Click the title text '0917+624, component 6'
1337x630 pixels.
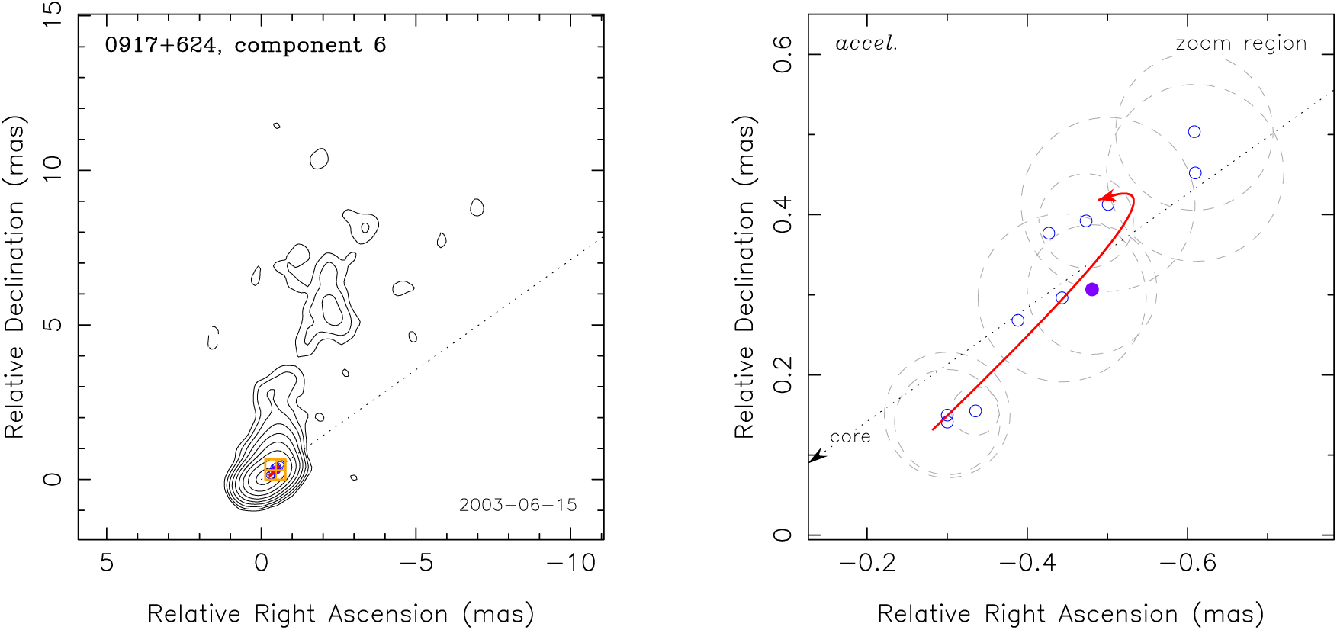click(x=245, y=45)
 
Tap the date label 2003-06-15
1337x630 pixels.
click(x=518, y=505)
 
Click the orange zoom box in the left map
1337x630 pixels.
click(x=275, y=470)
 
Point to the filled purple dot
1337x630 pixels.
click(x=1092, y=289)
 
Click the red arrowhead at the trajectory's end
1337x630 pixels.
click(x=1105, y=198)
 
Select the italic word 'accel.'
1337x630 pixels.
click(x=866, y=43)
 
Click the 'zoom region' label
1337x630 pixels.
click(x=1241, y=43)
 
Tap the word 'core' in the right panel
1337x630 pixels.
click(x=850, y=437)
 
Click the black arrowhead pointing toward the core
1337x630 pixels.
click(x=816, y=457)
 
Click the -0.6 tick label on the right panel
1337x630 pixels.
click(x=1188, y=564)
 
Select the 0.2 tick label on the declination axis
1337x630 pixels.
click(x=783, y=375)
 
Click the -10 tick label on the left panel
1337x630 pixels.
click(x=570, y=564)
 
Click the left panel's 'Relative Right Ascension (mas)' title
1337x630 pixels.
click(x=340, y=614)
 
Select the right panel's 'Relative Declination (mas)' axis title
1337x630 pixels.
click(x=744, y=278)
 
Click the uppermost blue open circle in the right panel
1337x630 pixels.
click(x=1194, y=132)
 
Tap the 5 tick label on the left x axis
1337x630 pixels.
click(x=107, y=564)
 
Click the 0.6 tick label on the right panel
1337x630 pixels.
click(x=783, y=55)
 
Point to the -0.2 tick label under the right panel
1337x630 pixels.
click(x=867, y=564)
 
